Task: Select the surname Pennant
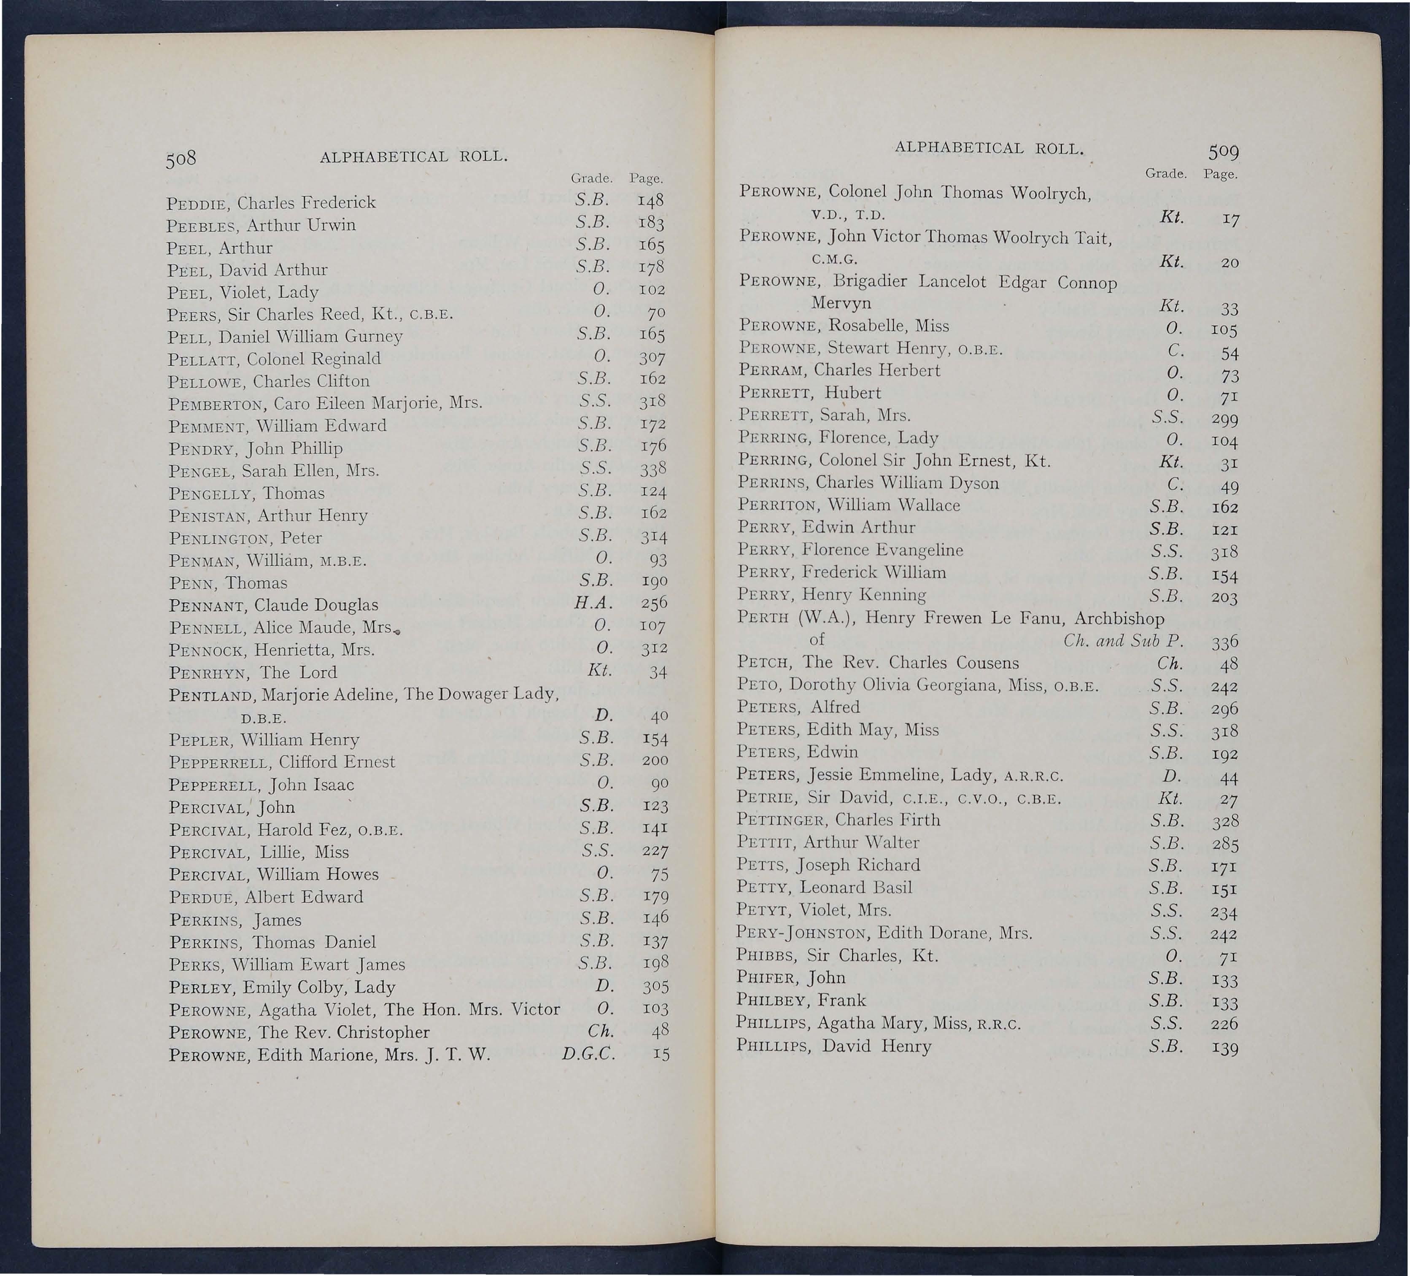pos(207,605)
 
